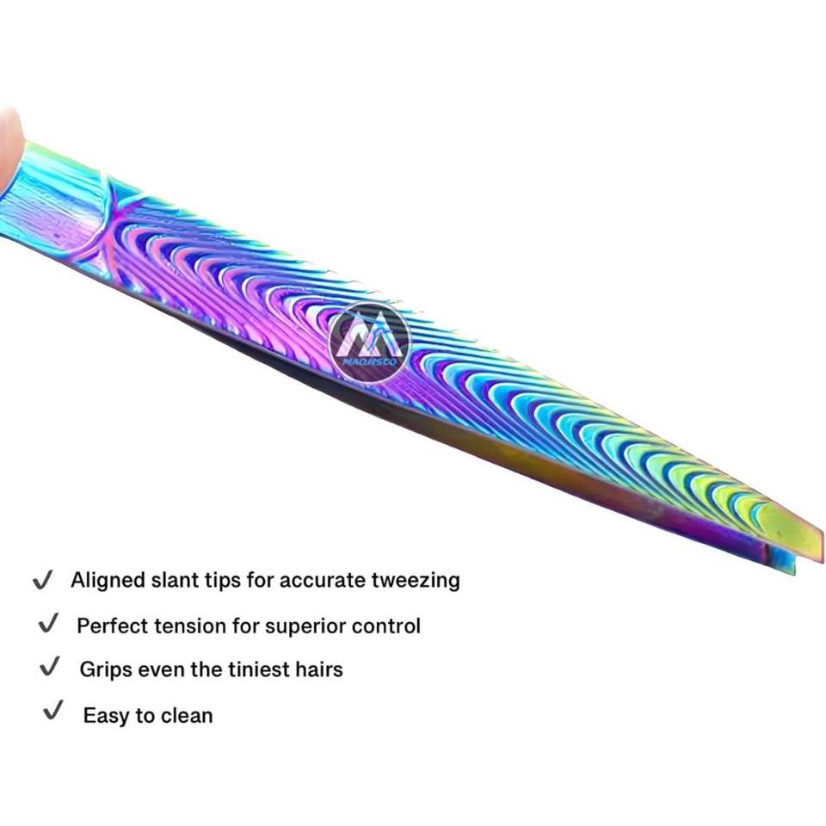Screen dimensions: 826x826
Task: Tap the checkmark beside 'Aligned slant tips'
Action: tap(42, 581)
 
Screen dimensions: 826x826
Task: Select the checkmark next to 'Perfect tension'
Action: tap(48, 624)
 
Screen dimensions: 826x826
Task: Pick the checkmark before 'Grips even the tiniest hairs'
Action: tap(51, 668)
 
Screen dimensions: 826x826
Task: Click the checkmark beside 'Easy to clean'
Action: tap(53, 712)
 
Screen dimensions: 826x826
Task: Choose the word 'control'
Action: tap(386, 626)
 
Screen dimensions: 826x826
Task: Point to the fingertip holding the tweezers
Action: tap(9, 146)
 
